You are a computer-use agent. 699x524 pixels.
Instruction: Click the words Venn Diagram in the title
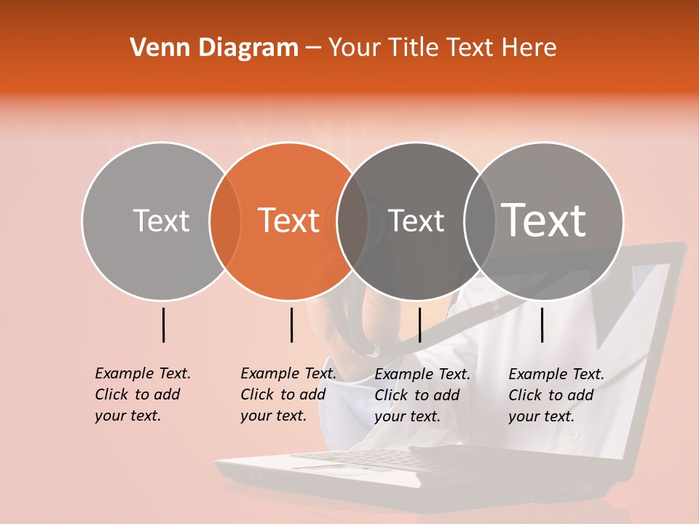tap(214, 48)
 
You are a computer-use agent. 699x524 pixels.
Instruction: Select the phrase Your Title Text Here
tap(443, 48)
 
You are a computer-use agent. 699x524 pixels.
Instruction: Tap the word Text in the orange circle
tap(289, 221)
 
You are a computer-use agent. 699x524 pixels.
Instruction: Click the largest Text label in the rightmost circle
tap(544, 221)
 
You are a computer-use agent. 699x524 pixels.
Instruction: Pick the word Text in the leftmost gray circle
tap(161, 221)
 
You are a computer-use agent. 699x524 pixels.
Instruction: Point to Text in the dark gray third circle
tap(416, 221)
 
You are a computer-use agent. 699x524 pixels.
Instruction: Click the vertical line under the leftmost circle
tap(163, 325)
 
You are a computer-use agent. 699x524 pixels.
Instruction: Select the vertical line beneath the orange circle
tap(291, 325)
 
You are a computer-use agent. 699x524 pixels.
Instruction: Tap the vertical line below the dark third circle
tap(419, 325)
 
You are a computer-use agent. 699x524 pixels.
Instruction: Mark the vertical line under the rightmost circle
tap(542, 325)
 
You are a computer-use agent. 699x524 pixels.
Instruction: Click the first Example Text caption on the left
tap(142, 394)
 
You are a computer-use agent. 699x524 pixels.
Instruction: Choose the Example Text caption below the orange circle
tap(288, 394)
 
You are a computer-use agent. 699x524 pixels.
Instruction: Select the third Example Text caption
tap(422, 395)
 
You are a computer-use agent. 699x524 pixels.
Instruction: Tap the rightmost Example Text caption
tap(556, 395)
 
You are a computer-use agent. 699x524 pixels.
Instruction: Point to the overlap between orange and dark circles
tap(352, 221)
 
